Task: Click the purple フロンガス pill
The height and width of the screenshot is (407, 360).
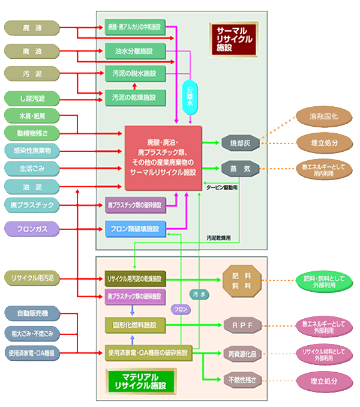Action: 33,228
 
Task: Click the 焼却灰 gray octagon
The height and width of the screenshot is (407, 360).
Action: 240,143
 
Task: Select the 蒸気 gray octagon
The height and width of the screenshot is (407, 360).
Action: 240,169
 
